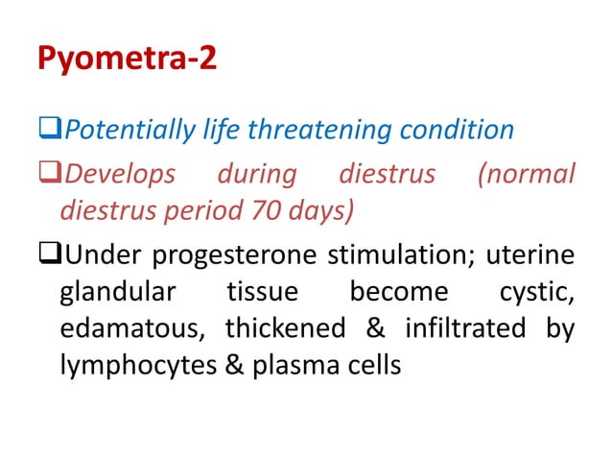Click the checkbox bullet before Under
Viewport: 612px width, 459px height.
[49, 257]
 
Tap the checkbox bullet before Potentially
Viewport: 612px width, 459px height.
[49, 129]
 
